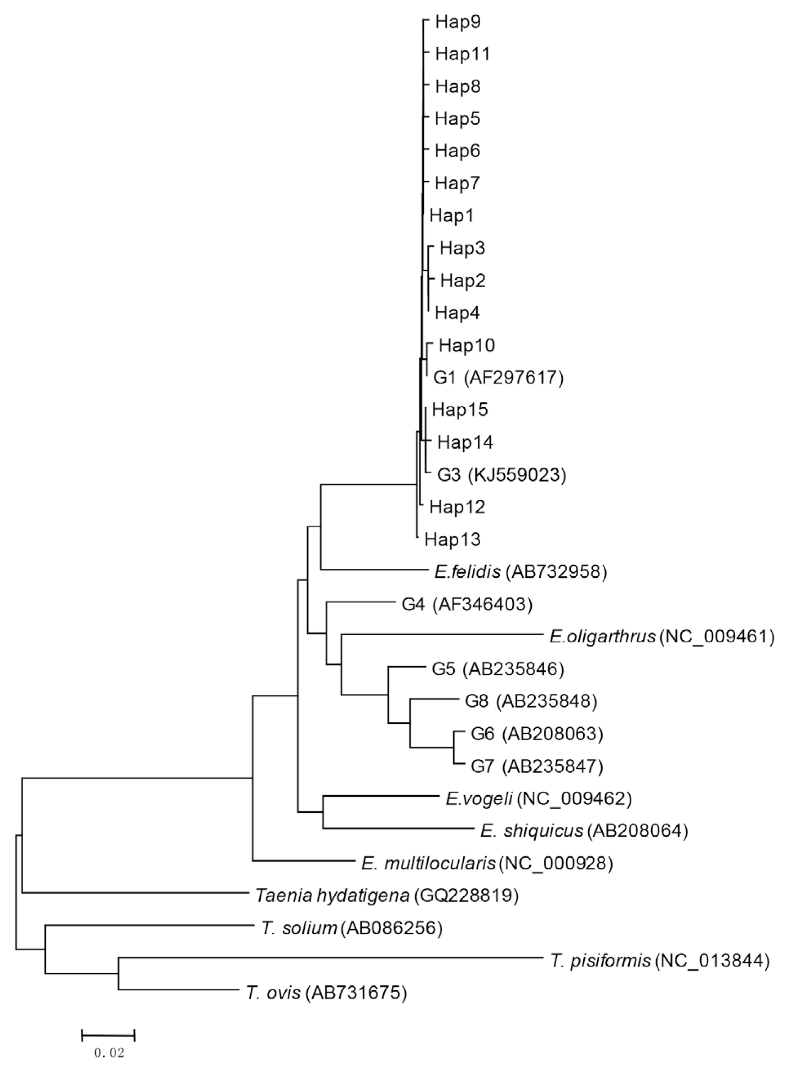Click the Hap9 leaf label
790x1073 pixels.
(458, 23)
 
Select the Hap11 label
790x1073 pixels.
(463, 54)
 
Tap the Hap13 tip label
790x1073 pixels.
(452, 539)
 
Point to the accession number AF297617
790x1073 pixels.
(514, 377)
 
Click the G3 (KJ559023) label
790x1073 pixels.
(501, 474)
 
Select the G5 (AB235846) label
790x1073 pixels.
(497, 669)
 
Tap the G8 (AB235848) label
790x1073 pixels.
(531, 701)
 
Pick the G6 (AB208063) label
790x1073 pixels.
(537, 733)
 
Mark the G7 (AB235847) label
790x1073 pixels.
(537, 766)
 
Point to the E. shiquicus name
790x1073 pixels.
(532, 830)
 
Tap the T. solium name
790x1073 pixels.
(299, 928)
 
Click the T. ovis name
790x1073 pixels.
(273, 993)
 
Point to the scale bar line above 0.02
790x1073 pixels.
(108, 1035)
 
